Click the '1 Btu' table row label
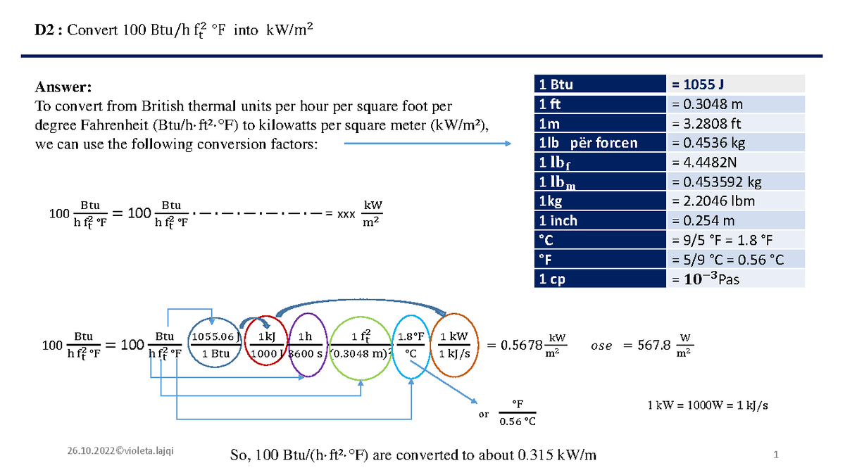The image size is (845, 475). [556, 85]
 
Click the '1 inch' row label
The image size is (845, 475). [558, 220]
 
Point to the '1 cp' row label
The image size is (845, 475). [553, 279]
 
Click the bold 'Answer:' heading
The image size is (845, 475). [63, 88]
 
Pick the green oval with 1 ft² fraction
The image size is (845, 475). [361, 345]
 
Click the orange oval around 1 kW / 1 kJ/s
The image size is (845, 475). [454, 345]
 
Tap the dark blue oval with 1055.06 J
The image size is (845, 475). [215, 345]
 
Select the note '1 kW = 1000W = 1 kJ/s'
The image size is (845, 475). [707, 405]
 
